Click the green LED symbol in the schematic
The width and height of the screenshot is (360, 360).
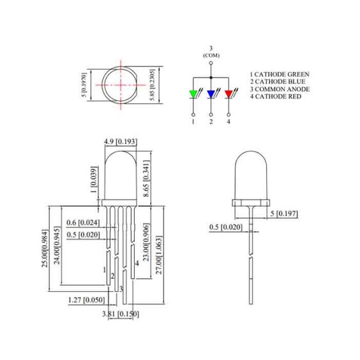(x=193, y=94)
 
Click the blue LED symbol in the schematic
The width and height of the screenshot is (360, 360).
(x=211, y=94)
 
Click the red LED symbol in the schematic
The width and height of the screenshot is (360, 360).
(x=229, y=94)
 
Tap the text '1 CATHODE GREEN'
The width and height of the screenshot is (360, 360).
(x=279, y=74)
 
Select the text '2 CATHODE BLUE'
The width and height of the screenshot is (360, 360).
(x=277, y=81)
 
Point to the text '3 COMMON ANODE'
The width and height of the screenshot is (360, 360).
(x=279, y=89)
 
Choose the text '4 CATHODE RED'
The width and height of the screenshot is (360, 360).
(x=275, y=97)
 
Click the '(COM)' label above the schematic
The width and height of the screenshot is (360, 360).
(x=211, y=55)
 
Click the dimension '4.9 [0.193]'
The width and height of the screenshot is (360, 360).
(x=120, y=142)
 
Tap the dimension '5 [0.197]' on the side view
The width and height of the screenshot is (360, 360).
(x=284, y=214)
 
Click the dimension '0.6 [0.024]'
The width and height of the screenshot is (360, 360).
(x=82, y=222)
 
